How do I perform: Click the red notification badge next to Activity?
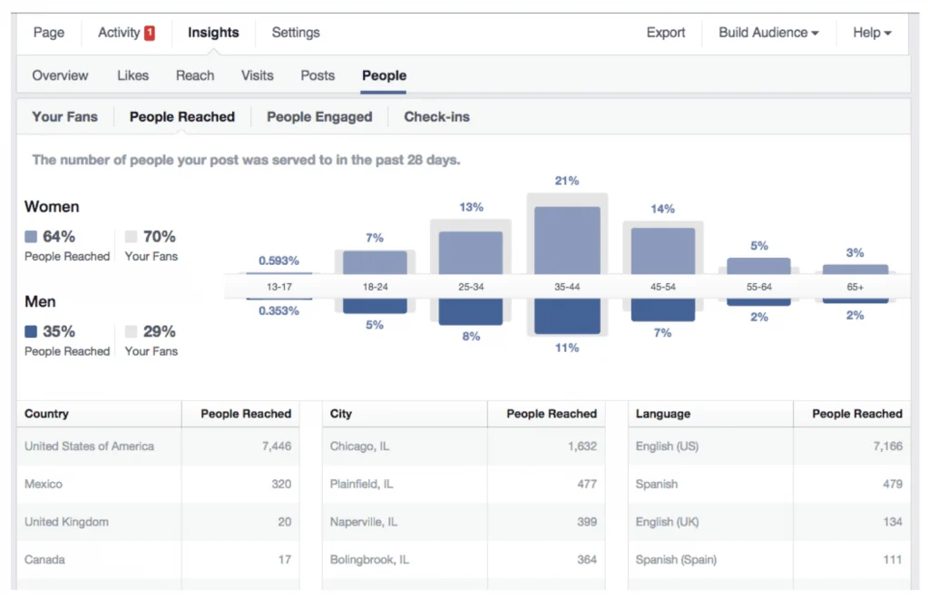[x=150, y=34]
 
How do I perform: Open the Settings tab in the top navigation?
[x=296, y=33]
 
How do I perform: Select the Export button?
[x=665, y=33]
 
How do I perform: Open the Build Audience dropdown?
[x=768, y=33]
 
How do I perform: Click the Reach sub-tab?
[x=195, y=76]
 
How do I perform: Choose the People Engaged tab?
[x=319, y=117]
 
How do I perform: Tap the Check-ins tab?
[x=436, y=117]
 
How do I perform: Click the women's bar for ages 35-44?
[x=567, y=241]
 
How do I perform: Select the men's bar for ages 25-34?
[x=471, y=311]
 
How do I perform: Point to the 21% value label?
[x=567, y=181]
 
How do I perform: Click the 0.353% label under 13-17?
[x=279, y=311]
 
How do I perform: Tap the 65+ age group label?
[x=855, y=287]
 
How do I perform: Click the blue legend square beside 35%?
[x=31, y=331]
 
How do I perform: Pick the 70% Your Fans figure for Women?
[x=159, y=236]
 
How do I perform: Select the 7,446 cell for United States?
[x=277, y=447]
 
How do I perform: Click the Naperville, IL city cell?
[x=364, y=522]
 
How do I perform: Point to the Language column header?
[x=663, y=414]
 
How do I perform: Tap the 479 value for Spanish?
[x=893, y=484]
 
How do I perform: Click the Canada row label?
[x=44, y=560]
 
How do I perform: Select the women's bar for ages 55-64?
[x=758, y=266]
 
